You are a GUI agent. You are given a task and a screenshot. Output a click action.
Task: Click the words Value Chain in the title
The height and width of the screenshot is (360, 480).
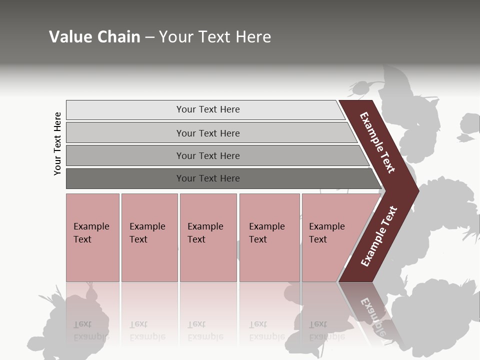point(94,37)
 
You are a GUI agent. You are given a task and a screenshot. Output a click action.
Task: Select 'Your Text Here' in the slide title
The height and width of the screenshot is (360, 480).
point(215,37)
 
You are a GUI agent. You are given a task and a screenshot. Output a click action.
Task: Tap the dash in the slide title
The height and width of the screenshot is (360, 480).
point(149,37)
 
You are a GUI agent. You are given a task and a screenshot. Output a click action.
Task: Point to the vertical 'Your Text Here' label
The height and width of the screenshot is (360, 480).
point(58,144)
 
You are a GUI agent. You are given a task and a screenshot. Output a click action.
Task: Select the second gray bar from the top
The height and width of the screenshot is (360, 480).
point(208,133)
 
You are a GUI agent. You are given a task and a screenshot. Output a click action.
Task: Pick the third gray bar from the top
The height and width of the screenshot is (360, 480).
point(208,155)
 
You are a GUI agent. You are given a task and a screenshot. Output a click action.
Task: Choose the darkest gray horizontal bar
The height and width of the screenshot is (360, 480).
point(208,178)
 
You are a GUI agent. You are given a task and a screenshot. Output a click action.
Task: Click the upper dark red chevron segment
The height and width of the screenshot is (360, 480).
point(377,142)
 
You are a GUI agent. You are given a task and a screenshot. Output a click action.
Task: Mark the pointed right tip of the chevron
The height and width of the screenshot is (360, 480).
point(417,190)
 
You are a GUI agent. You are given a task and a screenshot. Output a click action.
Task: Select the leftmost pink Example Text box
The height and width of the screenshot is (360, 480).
point(92,237)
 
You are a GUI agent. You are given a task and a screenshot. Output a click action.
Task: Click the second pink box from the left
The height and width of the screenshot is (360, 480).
point(149,237)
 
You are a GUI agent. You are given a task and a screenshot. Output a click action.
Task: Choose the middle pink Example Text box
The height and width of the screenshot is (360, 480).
point(208,237)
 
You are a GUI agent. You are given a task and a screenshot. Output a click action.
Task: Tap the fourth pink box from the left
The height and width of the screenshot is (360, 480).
point(269,237)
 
